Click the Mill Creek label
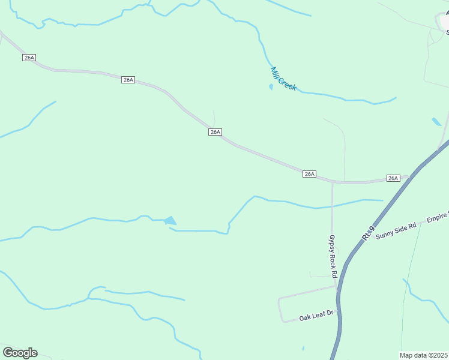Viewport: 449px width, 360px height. pos(283,79)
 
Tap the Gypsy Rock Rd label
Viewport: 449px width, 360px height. pos(332,256)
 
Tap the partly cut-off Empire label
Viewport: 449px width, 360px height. pos(438,219)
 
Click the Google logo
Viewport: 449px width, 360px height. pos(20,353)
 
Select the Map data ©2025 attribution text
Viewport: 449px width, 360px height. pos(423,355)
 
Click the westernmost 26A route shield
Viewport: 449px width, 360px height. pos(29,57)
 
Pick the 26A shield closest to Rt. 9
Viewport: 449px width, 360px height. pos(393,178)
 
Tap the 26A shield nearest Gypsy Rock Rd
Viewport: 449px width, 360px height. pos(309,174)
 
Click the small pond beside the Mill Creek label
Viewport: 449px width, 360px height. pos(271,87)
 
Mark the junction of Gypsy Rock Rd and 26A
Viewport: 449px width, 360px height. pos(332,182)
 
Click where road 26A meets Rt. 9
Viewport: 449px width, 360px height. pos(410,178)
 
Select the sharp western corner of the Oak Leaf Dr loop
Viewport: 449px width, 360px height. pos(280,298)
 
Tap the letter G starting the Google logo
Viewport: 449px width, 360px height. pos(8,352)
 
